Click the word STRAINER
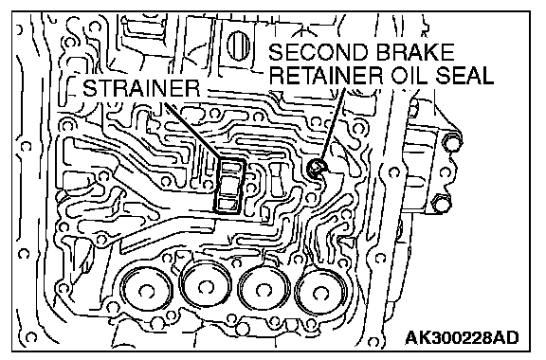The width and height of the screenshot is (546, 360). tap(141, 88)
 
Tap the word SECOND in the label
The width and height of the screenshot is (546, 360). tap(318, 52)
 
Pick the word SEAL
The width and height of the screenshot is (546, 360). tap(464, 75)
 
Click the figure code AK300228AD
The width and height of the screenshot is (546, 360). tap(462, 337)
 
